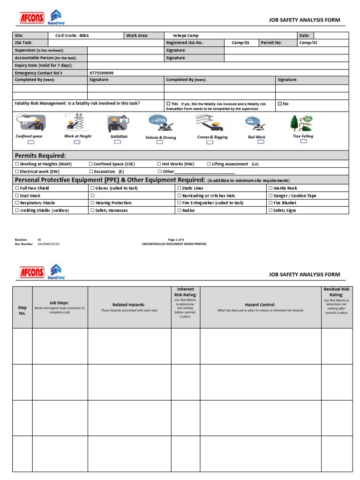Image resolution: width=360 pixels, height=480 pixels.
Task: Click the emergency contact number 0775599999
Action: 101,73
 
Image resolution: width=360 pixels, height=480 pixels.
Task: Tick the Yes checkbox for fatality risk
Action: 168,104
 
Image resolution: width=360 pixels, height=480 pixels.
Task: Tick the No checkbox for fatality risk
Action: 280,104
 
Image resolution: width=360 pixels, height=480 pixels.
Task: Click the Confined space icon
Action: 29,123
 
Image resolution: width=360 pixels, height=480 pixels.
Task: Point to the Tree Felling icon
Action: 302,123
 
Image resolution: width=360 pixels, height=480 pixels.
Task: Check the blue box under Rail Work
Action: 261,142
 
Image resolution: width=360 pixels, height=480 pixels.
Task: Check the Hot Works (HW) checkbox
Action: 159,164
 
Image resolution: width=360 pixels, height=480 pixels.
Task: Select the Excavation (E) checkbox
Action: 91,172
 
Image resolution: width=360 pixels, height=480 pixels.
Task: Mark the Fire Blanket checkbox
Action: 270,203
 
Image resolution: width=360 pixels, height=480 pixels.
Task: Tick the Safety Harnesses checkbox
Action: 91,210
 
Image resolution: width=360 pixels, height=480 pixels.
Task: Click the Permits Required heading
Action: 40,156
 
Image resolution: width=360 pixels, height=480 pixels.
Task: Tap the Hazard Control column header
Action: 260,305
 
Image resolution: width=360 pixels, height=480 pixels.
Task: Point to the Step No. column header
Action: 22,310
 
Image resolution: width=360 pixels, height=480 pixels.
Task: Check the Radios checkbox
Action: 179,210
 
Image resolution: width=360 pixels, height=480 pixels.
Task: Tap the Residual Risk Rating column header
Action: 336,292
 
